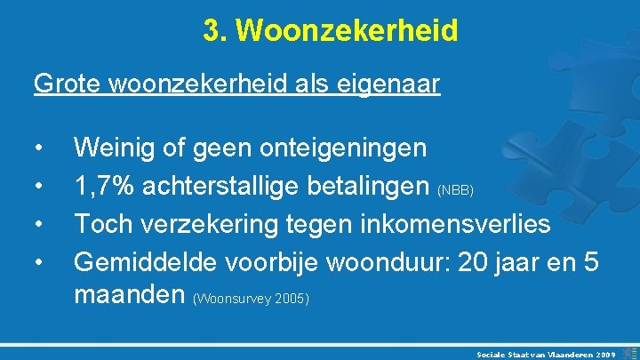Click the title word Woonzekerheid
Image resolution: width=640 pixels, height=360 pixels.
pos(348,31)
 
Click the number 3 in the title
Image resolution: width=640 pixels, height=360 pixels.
pos(211,31)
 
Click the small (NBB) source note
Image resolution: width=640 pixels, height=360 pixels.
pos(459,189)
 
